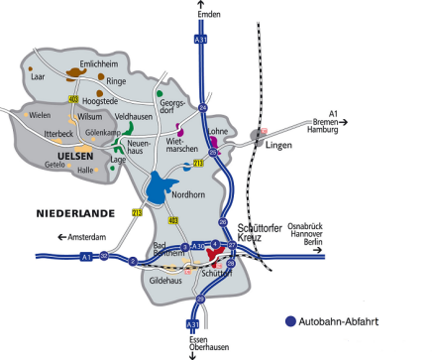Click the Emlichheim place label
pyautogui.click(x=85, y=62)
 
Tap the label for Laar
pyautogui.click(x=38, y=74)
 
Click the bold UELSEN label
pyautogui.click(x=75, y=156)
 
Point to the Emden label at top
pyautogui.click(x=207, y=14)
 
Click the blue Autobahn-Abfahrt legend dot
pyautogui.click(x=289, y=321)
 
